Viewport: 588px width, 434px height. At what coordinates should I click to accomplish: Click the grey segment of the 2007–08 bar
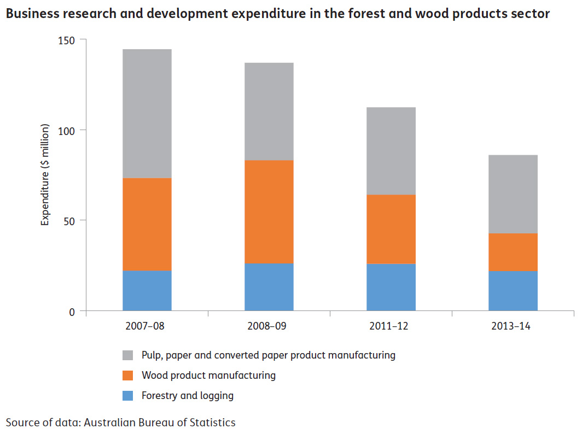pos(147,114)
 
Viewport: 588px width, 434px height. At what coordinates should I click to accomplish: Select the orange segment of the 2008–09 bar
pos(269,212)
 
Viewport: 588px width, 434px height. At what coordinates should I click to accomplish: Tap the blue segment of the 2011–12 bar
pos(391,288)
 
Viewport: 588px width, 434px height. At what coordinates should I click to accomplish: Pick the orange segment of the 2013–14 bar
pos(513,252)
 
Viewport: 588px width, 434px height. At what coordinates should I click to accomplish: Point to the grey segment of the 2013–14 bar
pos(513,194)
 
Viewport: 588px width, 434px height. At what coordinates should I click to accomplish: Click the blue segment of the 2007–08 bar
pos(147,291)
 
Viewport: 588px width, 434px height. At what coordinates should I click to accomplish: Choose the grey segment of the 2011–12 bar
pos(391,151)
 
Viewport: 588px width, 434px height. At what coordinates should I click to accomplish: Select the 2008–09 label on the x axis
pos(269,327)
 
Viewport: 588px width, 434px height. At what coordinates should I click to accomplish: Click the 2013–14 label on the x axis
pos(513,327)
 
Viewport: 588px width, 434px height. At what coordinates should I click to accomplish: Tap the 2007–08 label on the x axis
pos(147,327)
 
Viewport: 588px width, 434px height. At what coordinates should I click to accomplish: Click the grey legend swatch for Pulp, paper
pos(127,355)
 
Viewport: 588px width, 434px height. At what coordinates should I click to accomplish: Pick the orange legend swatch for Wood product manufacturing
pos(127,376)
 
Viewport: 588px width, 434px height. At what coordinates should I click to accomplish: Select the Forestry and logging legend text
pos(187,396)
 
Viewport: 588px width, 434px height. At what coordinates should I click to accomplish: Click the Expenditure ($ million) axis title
pos(45,175)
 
